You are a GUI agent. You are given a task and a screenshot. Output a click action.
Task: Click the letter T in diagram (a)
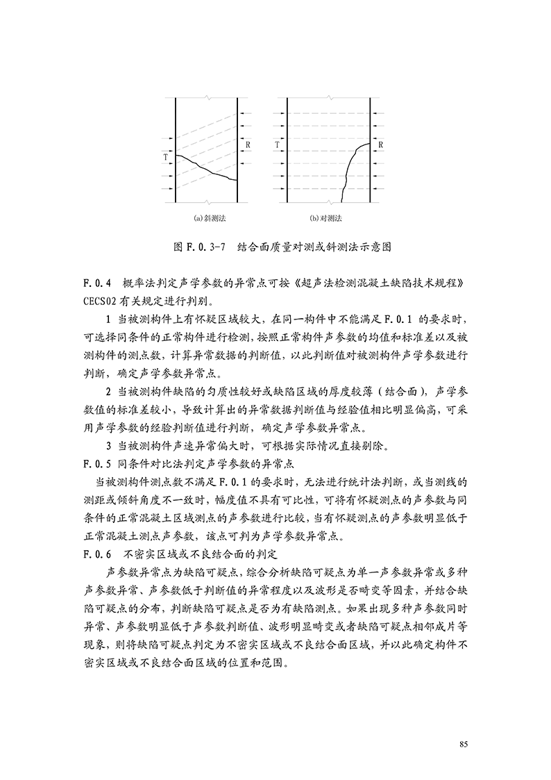pyautogui.click(x=165, y=157)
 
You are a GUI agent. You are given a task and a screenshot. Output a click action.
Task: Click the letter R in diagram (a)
pyautogui.click(x=248, y=144)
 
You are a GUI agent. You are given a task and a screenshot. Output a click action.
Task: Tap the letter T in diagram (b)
pyautogui.click(x=277, y=145)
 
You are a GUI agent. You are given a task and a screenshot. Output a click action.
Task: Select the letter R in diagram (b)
pyautogui.click(x=381, y=144)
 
